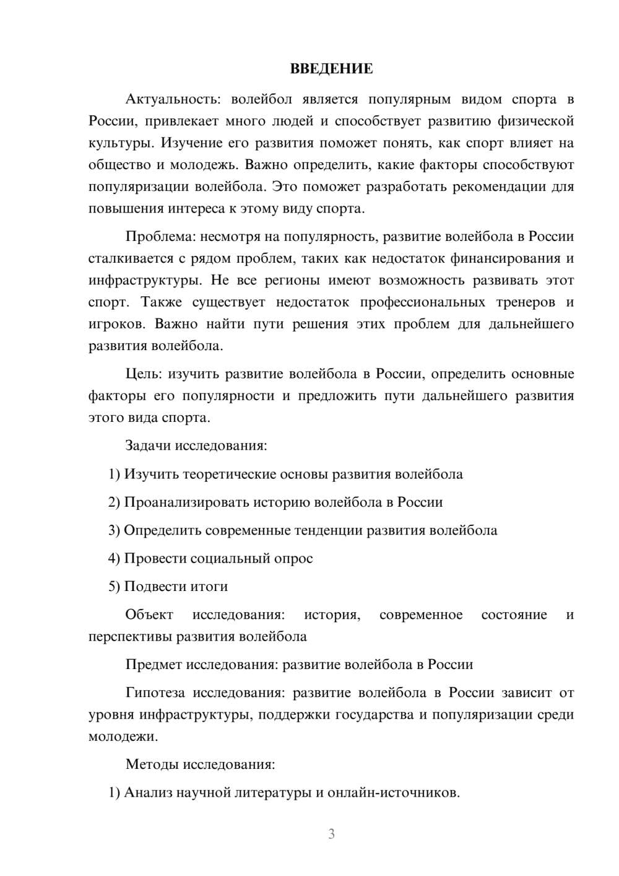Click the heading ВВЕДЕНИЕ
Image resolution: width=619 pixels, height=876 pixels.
click(331, 69)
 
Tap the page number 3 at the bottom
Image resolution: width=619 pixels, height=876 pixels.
click(331, 834)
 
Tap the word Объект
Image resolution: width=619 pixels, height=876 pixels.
click(149, 615)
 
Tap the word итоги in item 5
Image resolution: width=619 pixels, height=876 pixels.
click(209, 586)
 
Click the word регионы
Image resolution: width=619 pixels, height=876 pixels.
click(292, 280)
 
